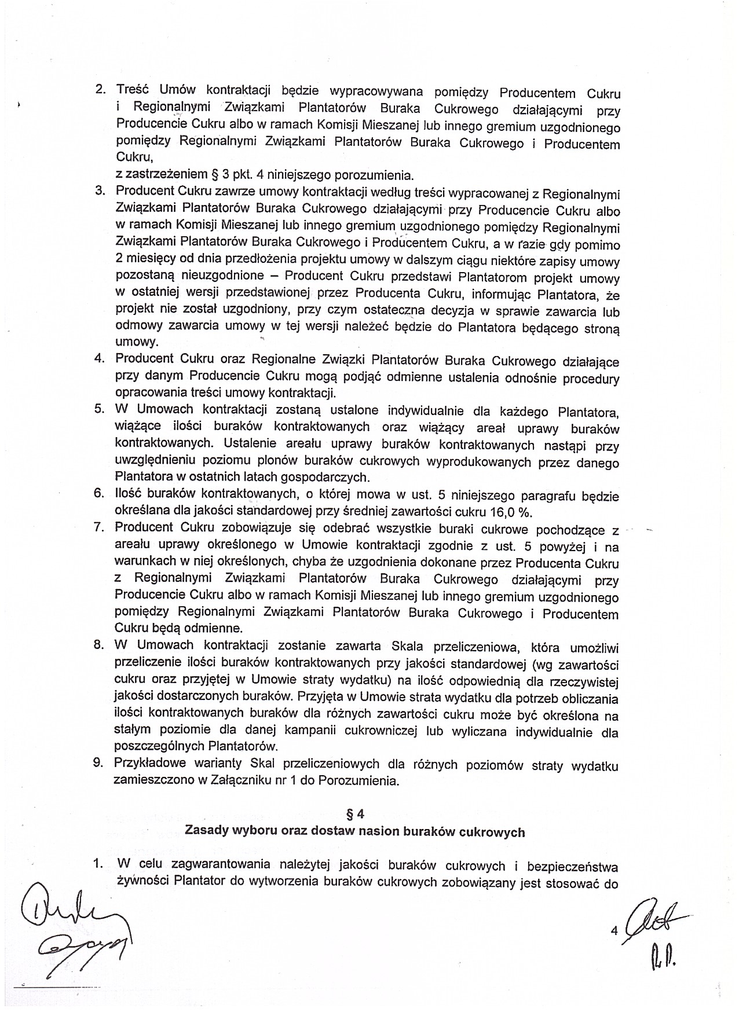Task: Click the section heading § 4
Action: tap(354, 814)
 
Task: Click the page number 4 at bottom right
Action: tap(614, 931)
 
